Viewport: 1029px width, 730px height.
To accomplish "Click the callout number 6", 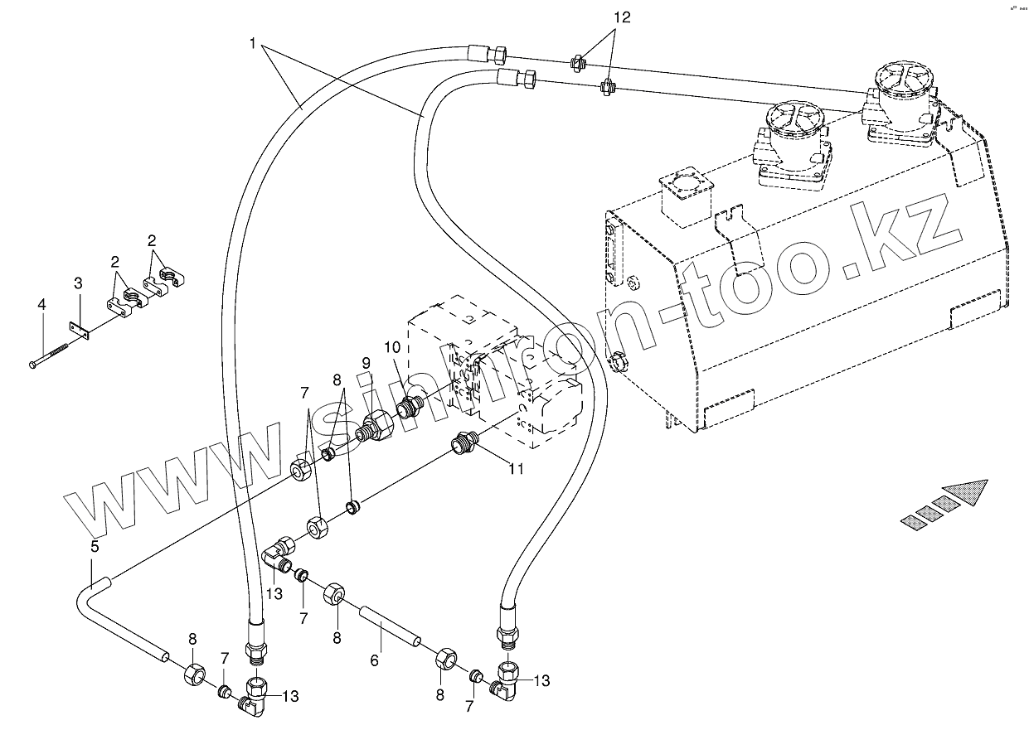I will pyautogui.click(x=374, y=660).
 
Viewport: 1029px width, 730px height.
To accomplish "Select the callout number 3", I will pyautogui.click(x=77, y=284).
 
